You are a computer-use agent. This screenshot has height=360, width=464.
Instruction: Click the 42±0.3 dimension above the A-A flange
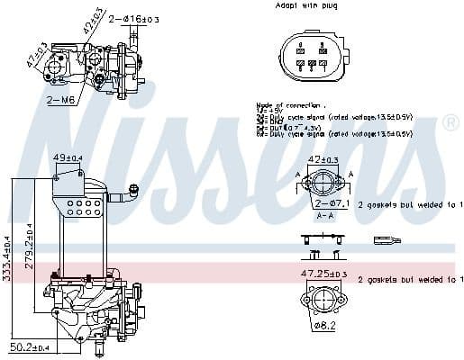323,160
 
